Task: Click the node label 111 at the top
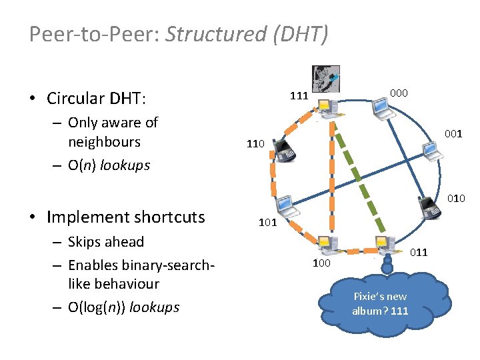[x=299, y=95]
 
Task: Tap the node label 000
[x=399, y=93]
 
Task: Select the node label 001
[x=453, y=134]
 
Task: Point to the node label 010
[x=456, y=198]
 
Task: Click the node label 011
[x=419, y=252]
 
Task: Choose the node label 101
[x=267, y=223]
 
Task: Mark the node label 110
[x=256, y=143]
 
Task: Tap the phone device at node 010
[x=430, y=209]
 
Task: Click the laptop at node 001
[x=433, y=152]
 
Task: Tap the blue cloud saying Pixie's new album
[x=379, y=300]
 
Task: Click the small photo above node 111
[x=326, y=79]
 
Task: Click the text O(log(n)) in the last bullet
[x=99, y=307]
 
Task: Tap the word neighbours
[x=104, y=142]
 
